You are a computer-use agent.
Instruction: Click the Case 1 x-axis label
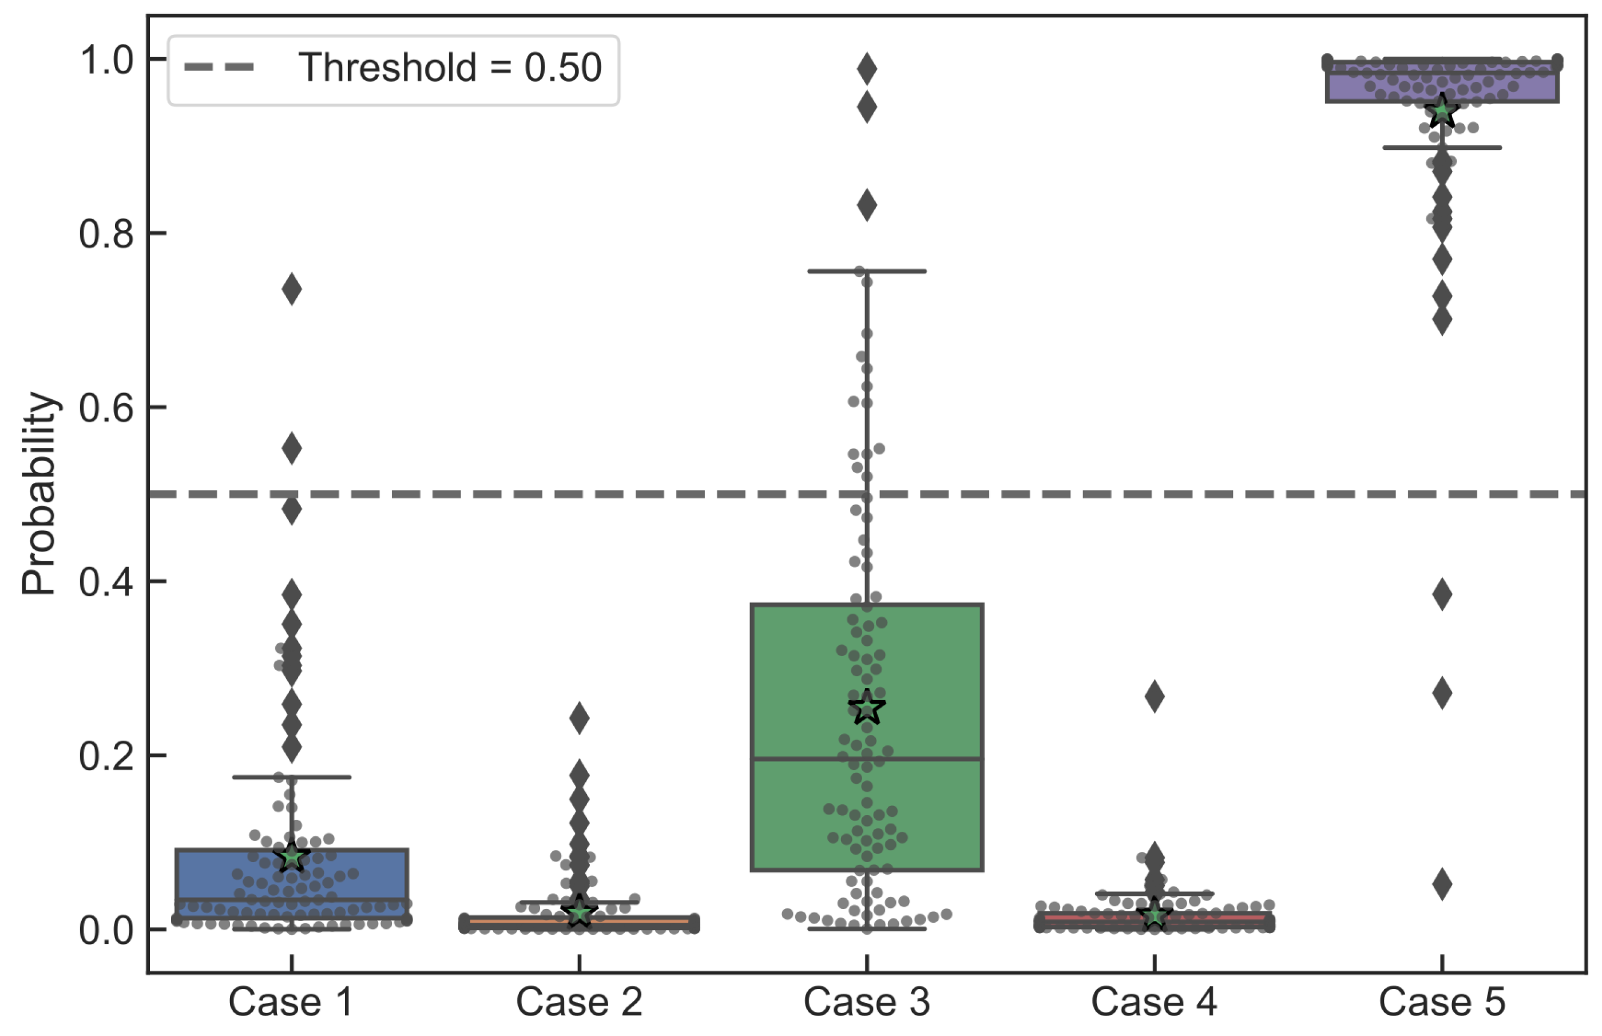click(291, 1002)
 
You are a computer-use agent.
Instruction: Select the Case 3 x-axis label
click(867, 1002)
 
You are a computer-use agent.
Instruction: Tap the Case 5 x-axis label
click(1441, 1002)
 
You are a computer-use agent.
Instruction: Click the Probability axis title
click(38, 494)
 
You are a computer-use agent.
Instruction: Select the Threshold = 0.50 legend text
click(450, 68)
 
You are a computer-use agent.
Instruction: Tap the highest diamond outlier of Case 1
click(291, 289)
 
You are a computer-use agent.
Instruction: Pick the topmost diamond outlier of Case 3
click(867, 69)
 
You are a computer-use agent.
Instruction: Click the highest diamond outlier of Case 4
click(1155, 696)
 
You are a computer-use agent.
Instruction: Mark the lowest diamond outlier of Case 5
click(1442, 884)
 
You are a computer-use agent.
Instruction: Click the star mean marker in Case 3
click(867, 708)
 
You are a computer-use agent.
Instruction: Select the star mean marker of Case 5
click(1441, 112)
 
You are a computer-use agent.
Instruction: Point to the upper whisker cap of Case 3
click(867, 271)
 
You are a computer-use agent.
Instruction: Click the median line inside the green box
click(867, 759)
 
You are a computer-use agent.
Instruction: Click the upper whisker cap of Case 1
click(291, 777)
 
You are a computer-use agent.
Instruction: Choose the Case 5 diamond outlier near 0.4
click(1442, 594)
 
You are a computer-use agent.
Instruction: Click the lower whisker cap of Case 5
click(1442, 148)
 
